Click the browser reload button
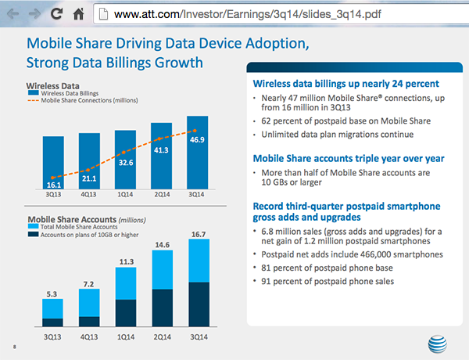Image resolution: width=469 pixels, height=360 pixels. click(x=56, y=13)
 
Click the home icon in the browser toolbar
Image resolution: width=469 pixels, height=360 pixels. click(x=78, y=13)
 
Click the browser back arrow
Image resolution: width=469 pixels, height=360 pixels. click(x=10, y=13)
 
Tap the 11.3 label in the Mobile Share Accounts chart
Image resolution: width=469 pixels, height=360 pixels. click(x=125, y=262)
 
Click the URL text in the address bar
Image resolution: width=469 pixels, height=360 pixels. click(x=226, y=13)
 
